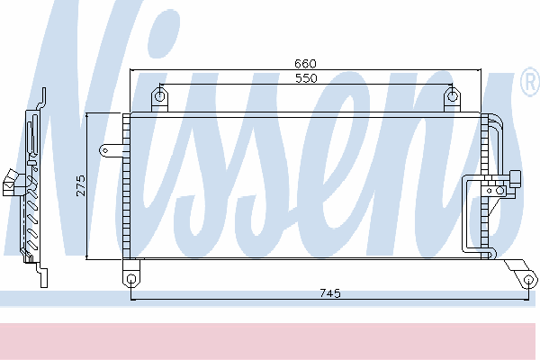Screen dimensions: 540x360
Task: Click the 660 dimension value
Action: pyautogui.click(x=305, y=64)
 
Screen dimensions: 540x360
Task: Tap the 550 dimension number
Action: pyautogui.click(x=306, y=78)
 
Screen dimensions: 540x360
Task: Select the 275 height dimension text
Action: pyautogui.click(x=81, y=185)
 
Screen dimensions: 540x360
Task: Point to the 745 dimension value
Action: pyautogui.click(x=330, y=293)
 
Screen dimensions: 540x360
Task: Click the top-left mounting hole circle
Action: pyautogui.click(x=159, y=95)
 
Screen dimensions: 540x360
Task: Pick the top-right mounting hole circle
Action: pyautogui.click(x=452, y=96)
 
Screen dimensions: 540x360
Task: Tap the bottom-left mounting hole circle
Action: pyautogui.click(x=131, y=278)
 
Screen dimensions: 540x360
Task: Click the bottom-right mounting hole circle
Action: pyautogui.click(x=528, y=279)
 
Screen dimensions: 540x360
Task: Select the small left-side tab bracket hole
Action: pyautogui.click(x=105, y=150)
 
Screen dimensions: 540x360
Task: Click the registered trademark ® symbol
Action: pyautogui.click(x=530, y=82)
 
